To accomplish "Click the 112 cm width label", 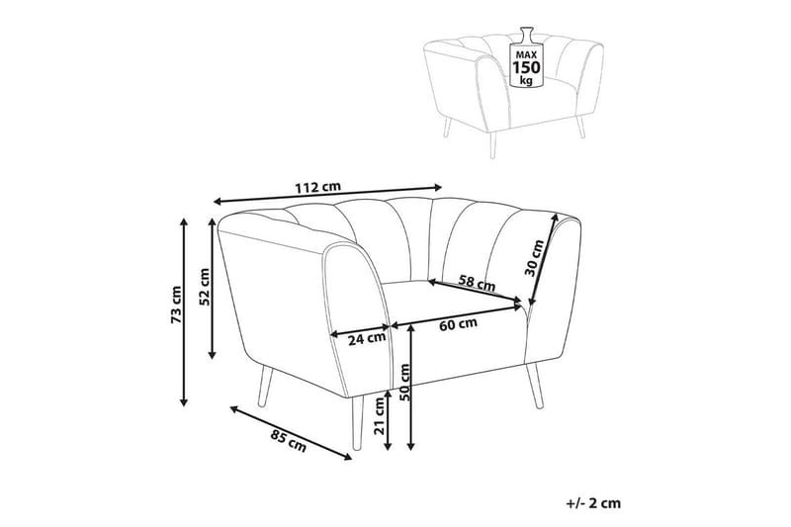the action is pyautogui.click(x=317, y=188).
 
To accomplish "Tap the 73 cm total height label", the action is pyautogui.click(x=176, y=306).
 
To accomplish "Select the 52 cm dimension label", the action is pyautogui.click(x=205, y=287).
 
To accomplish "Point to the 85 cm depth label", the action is pyautogui.click(x=289, y=442).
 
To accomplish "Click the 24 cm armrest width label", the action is pyautogui.click(x=367, y=339).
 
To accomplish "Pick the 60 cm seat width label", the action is pyautogui.click(x=458, y=323).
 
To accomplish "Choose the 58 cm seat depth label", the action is pyautogui.click(x=478, y=283).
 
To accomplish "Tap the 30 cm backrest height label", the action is pyautogui.click(x=535, y=258).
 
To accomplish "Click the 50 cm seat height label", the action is pyautogui.click(x=404, y=382).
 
